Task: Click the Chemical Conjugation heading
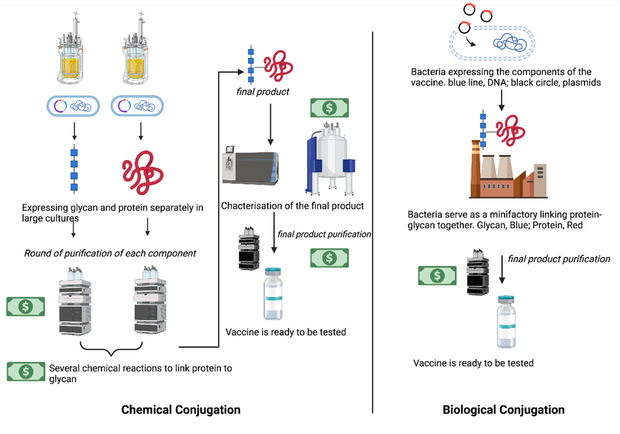[181, 410]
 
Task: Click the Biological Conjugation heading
[503, 410]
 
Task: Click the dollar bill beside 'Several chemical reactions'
[26, 371]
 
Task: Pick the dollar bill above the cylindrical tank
[329, 108]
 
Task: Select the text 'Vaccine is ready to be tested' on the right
[473, 363]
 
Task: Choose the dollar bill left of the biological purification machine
[437, 275]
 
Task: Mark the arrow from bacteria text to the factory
[501, 98]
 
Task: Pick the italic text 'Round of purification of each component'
[110, 253]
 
